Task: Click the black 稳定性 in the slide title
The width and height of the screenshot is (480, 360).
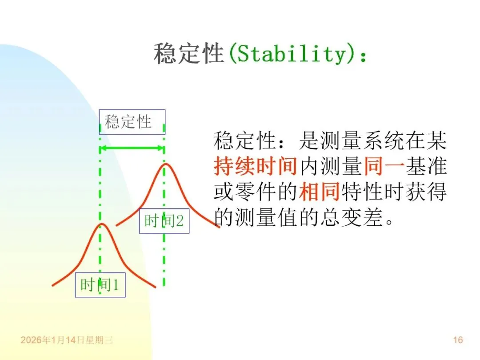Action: coord(188,54)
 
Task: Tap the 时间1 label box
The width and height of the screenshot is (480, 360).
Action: coord(100,285)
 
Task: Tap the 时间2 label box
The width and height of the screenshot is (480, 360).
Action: coord(164,221)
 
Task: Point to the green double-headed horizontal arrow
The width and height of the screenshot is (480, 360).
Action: coord(132,148)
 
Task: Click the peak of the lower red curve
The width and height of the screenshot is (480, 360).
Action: coord(102,224)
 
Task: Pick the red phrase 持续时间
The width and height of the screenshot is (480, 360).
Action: coord(255,167)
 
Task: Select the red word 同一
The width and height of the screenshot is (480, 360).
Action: coord(384,167)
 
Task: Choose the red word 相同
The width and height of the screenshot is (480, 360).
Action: coord(319,192)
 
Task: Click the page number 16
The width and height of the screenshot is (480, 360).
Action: coord(458,340)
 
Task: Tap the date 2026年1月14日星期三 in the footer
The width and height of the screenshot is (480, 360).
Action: coord(67,340)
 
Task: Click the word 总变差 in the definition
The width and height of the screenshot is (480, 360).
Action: coord(352,217)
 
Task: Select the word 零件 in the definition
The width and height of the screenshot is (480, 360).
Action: coord(255,192)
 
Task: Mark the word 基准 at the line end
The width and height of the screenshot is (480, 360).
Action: coord(426,167)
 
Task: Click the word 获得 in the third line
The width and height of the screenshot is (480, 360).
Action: coord(426,192)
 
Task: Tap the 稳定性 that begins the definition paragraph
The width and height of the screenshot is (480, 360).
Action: coord(244,141)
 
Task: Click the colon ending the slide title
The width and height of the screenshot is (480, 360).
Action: coord(364,56)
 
